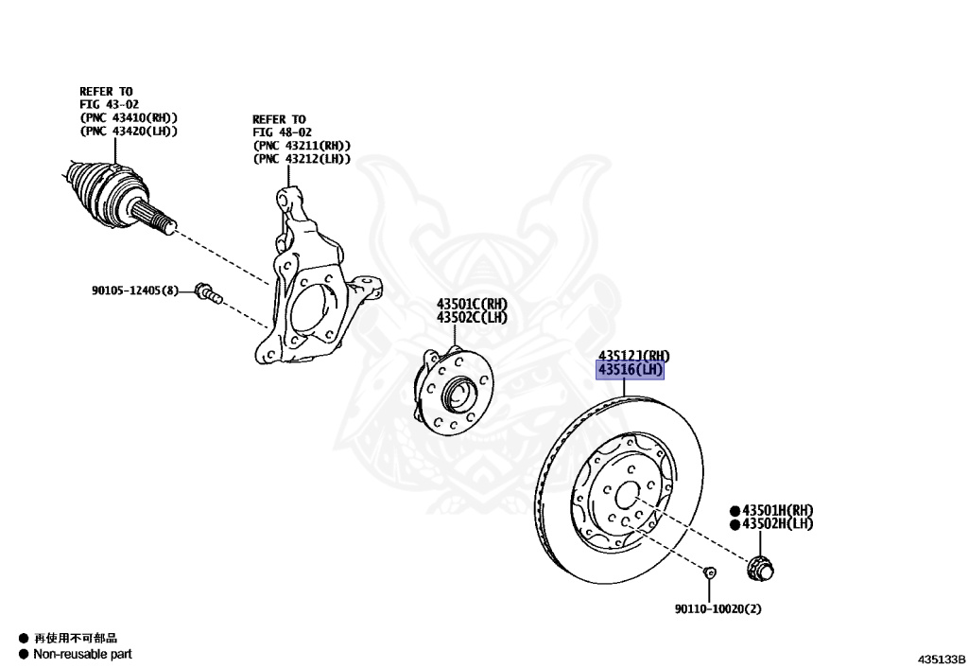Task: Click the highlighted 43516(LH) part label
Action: pyautogui.click(x=630, y=369)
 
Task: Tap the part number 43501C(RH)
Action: pyautogui.click(x=472, y=304)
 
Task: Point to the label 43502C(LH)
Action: pyautogui.click(x=472, y=317)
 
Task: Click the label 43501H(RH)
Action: pyautogui.click(x=777, y=510)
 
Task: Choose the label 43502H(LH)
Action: pyautogui.click(x=777, y=523)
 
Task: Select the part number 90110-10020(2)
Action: pyautogui.click(x=717, y=609)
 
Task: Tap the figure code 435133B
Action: pyautogui.click(x=940, y=658)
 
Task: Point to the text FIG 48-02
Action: pyautogui.click(x=281, y=133)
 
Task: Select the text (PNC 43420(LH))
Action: pyautogui.click(x=129, y=131)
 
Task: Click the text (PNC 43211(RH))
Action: pyautogui.click(x=302, y=147)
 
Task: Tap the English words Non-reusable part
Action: pyautogui.click(x=82, y=654)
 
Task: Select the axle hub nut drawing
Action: pyautogui.click(x=759, y=568)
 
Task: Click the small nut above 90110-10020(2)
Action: pyautogui.click(x=709, y=572)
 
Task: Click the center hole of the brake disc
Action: pyautogui.click(x=626, y=496)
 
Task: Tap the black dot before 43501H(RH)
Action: pyautogui.click(x=734, y=510)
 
